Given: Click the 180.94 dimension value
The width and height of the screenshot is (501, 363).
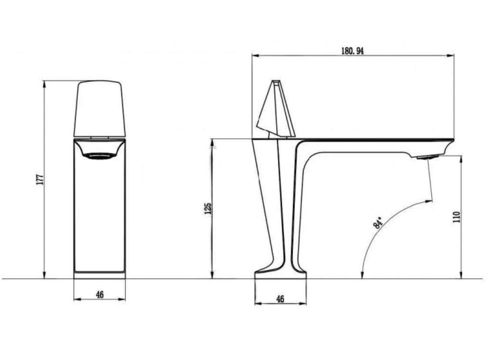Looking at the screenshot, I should point(352,51).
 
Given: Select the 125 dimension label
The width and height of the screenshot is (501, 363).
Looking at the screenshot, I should point(208,208).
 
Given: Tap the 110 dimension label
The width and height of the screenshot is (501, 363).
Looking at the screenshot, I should point(456,217).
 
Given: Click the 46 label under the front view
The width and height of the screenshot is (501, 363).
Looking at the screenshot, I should point(100,295).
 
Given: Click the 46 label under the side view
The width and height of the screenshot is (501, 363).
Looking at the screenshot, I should point(280,299).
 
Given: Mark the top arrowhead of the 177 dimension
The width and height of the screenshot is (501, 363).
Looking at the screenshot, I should point(44,83).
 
